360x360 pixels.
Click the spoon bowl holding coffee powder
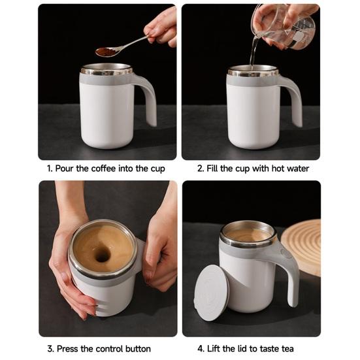pos(106,52)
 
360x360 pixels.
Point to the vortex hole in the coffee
pos(102,254)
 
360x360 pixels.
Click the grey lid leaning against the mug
pos(212,293)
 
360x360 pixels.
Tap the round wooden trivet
pos(301,248)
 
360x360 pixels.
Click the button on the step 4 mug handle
pos(286,253)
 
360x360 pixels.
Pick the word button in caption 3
pos(138,349)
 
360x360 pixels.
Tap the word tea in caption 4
pos(287,349)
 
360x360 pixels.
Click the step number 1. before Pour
pos(50,169)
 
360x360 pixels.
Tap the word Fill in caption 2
pos(212,169)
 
